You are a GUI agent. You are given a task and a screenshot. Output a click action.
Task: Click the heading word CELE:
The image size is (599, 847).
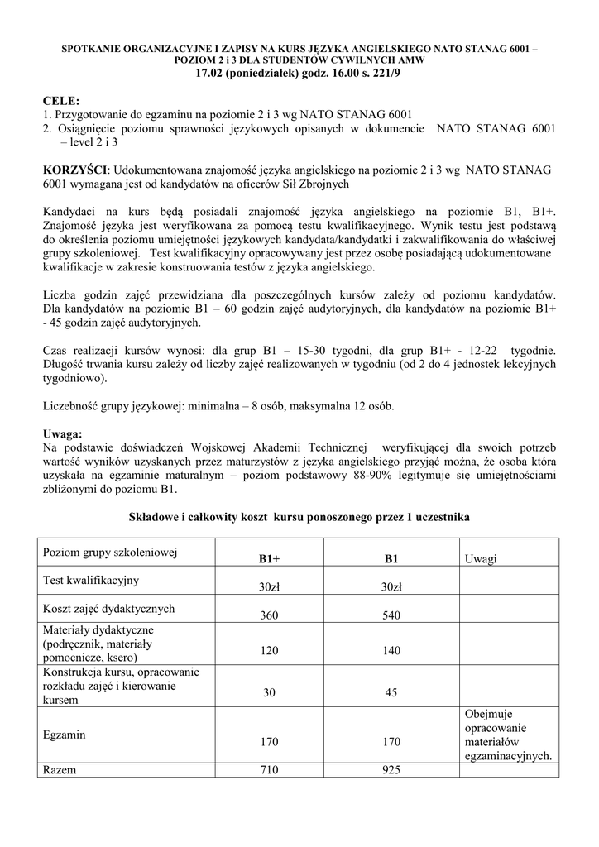(60, 101)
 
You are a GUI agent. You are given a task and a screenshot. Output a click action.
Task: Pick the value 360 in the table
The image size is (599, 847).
(269, 616)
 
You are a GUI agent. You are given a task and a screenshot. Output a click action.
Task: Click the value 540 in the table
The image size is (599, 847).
(391, 616)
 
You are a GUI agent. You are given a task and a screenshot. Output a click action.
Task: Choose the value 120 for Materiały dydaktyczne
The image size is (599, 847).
(269, 651)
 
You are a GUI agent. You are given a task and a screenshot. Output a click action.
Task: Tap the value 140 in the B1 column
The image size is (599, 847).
(391, 651)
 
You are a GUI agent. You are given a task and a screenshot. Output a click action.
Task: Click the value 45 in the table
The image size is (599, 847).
(391, 693)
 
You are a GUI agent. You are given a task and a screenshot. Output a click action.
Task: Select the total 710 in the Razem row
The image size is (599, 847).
(269, 770)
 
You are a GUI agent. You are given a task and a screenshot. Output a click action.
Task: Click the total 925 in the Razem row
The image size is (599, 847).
(391, 770)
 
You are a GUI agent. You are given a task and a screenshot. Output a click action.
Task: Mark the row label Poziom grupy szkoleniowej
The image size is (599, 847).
(110, 552)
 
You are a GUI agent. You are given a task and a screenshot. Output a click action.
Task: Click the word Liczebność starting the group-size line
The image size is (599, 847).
(74, 406)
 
